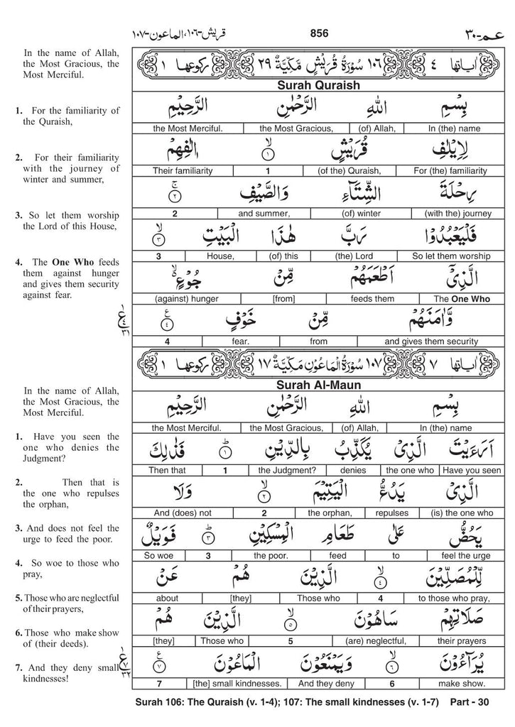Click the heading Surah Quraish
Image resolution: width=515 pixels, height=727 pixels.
(320, 85)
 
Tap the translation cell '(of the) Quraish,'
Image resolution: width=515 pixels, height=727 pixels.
(345, 170)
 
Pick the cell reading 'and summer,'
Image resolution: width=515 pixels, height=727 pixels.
(266, 212)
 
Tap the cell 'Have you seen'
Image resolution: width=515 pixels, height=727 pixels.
(471, 470)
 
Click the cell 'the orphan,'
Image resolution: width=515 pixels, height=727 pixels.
(325, 512)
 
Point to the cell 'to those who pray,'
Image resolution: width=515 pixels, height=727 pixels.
(452, 598)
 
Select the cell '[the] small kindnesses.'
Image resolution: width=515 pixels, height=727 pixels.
(238, 684)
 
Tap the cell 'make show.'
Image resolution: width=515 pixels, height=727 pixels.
(467, 684)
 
